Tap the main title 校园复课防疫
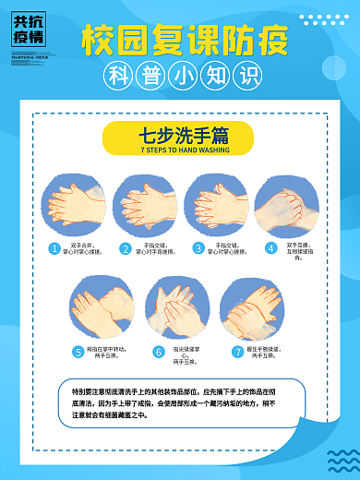pos(184,40)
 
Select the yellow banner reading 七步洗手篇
pos(178,135)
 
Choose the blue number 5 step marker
pos(78,351)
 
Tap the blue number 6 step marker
pos(158,351)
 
